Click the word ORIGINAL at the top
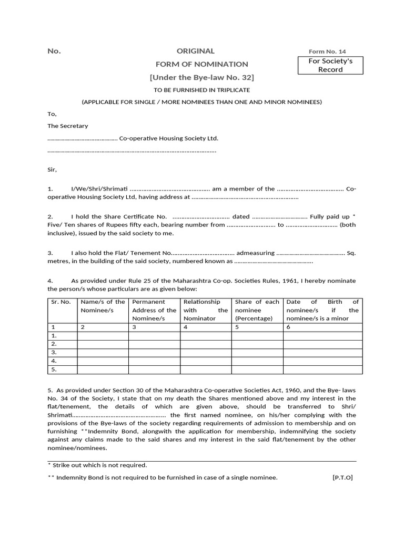(196, 51)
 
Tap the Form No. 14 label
(327, 52)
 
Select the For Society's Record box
(330, 65)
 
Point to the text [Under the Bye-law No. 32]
(202, 77)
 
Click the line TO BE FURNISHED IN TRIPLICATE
(201, 90)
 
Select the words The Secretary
(68, 126)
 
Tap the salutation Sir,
(52, 169)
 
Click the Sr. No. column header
(60, 302)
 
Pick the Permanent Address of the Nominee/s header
(154, 310)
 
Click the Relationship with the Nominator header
(205, 310)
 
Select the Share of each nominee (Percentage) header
(257, 310)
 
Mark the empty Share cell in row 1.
(257, 335)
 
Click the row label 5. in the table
(53, 370)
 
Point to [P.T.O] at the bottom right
(342, 477)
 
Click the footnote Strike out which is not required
(97, 465)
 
